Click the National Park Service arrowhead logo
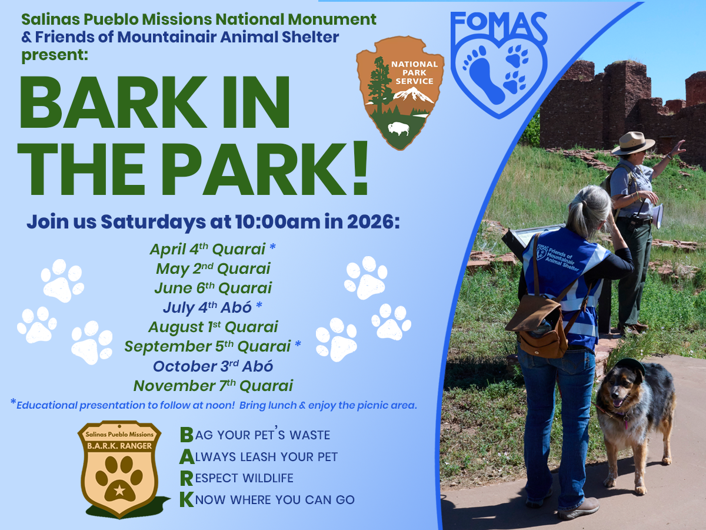[400, 91]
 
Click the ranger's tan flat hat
[632, 143]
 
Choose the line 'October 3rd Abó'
[213, 366]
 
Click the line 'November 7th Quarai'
[213, 386]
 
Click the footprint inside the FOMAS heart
[484, 74]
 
